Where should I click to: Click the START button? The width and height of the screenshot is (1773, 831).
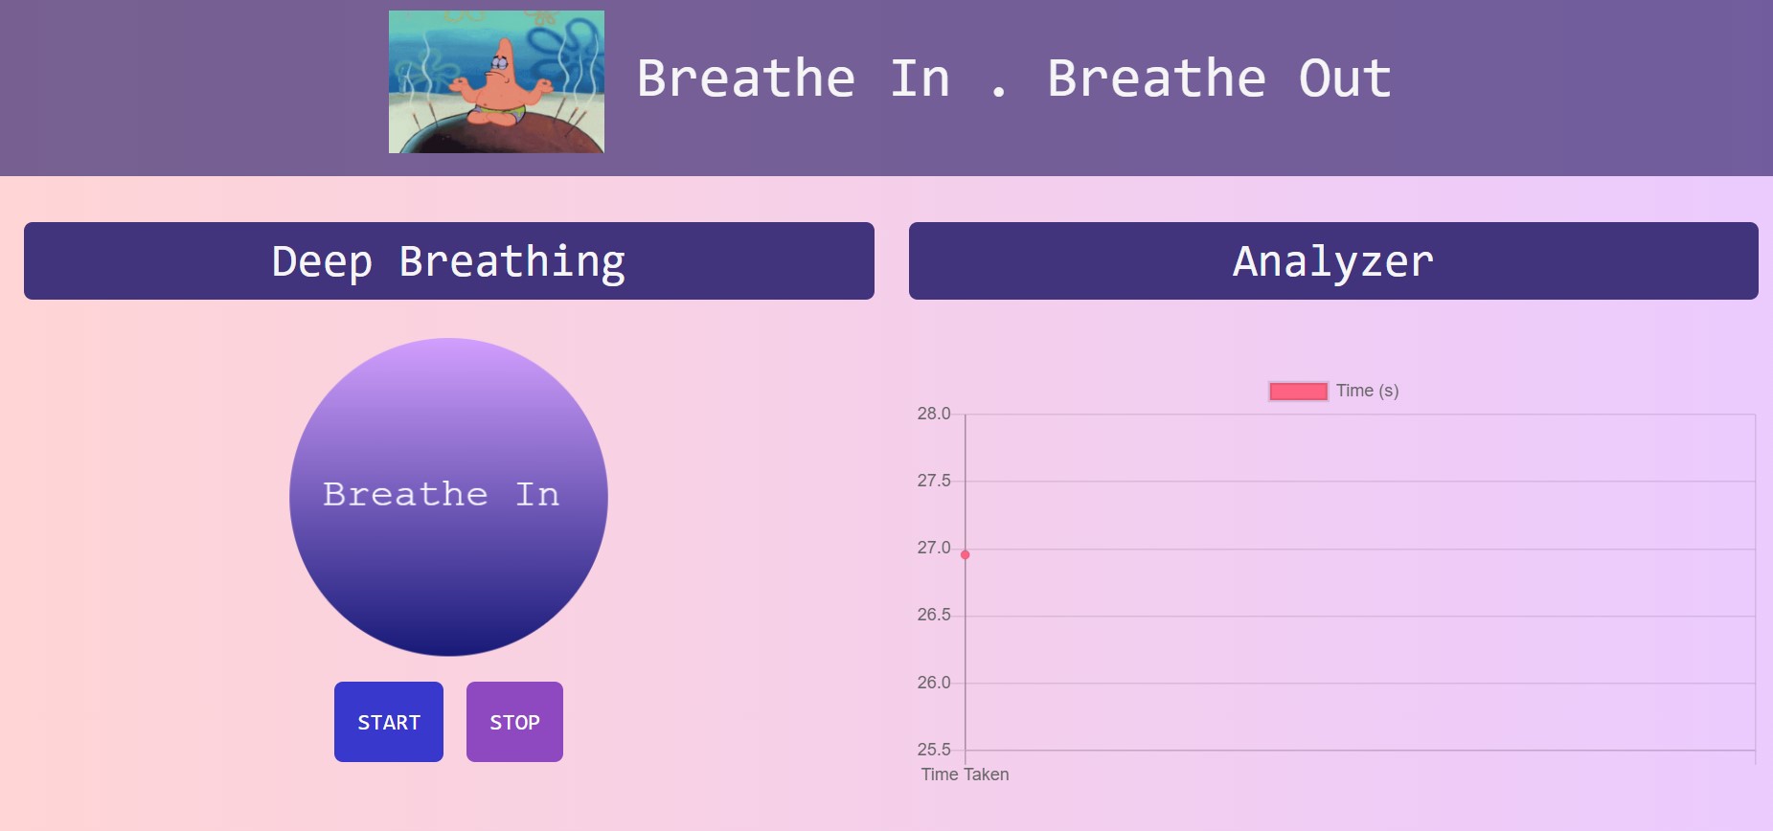coord(388,722)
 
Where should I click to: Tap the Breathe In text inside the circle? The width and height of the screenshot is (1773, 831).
coord(441,494)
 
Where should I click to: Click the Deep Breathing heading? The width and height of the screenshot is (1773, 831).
coord(448,261)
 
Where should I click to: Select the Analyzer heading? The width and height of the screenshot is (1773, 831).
coord(1332,261)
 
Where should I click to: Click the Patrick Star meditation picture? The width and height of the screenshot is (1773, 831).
coord(496,82)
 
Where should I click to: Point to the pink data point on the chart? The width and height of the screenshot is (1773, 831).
coord(965,554)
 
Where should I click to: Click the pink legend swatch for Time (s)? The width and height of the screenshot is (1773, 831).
coord(1298,391)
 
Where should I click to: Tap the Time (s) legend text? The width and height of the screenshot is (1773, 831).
coord(1367,391)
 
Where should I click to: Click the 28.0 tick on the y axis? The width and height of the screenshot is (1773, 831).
coord(933,414)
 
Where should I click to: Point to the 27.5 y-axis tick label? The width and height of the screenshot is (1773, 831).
coord(933,481)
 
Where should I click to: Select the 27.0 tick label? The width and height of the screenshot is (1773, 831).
coord(933,548)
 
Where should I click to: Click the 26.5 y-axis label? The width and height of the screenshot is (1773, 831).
coord(933,615)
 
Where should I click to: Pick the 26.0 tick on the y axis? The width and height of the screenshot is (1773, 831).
coord(933,683)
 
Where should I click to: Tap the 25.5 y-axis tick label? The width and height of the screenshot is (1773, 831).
coord(933,750)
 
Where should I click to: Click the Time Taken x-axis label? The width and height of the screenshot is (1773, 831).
coord(965,775)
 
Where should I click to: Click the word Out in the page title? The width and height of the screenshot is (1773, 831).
coord(1344,79)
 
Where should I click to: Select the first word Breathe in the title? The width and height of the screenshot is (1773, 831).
coord(745,79)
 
